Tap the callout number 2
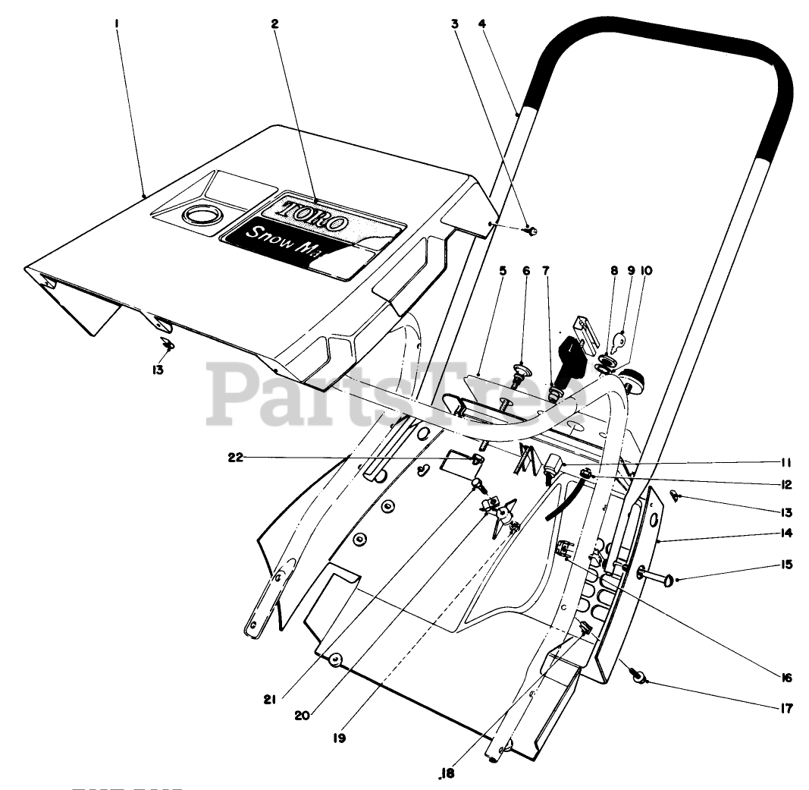click(x=274, y=24)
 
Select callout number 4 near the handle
click(x=481, y=24)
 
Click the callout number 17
click(x=785, y=709)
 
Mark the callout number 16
click(x=785, y=678)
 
